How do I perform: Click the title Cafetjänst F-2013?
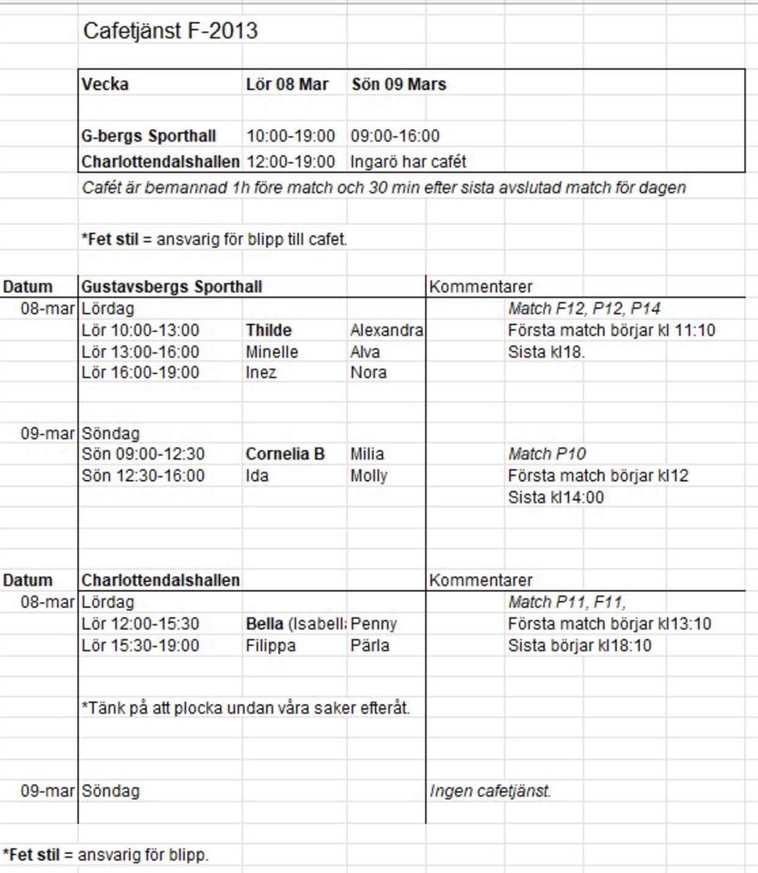pyautogui.click(x=171, y=32)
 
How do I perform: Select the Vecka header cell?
pyautogui.click(x=105, y=85)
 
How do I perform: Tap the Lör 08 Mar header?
pyautogui.click(x=287, y=85)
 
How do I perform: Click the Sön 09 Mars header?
pyautogui.click(x=398, y=85)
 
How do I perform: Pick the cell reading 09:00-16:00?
pyautogui.click(x=395, y=136)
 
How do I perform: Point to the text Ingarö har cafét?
pyautogui.click(x=408, y=163)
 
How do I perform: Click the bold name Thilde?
pyautogui.click(x=268, y=330)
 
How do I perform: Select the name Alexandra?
pyautogui.click(x=386, y=330)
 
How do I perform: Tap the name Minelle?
pyautogui.click(x=272, y=352)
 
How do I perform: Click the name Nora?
pyautogui.click(x=368, y=373)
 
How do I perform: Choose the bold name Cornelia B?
pyautogui.click(x=285, y=454)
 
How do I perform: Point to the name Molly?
pyautogui.click(x=368, y=476)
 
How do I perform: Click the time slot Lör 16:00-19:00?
pyautogui.click(x=141, y=373)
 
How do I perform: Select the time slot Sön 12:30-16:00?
pyautogui.click(x=144, y=476)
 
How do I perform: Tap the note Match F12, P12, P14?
pyautogui.click(x=583, y=309)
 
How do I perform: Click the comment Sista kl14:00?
pyautogui.click(x=555, y=497)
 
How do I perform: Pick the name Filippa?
pyautogui.click(x=271, y=646)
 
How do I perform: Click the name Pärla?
pyautogui.click(x=370, y=646)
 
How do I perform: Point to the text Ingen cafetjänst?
pyautogui.click(x=490, y=791)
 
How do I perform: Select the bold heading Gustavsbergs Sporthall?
pyautogui.click(x=172, y=287)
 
